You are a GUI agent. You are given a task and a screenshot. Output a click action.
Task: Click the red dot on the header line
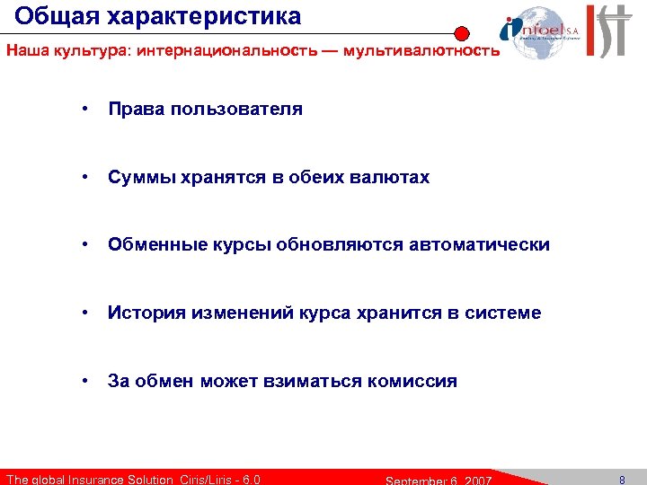[x=461, y=33]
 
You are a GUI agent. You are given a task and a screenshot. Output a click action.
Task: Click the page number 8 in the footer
[x=622, y=479]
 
